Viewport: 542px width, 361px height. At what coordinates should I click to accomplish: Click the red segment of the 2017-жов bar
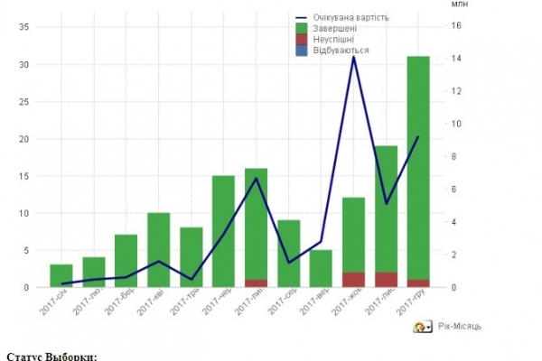[x=353, y=280]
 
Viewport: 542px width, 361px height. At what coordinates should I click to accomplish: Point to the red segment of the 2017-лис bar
[x=386, y=280]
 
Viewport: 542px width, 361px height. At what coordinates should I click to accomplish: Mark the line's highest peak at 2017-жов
[x=353, y=57]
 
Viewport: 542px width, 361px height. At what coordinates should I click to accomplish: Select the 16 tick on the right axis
[x=457, y=26]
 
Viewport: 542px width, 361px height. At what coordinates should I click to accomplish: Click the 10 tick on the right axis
[x=457, y=124]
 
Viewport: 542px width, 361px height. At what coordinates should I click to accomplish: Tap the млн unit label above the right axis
[x=458, y=5]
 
